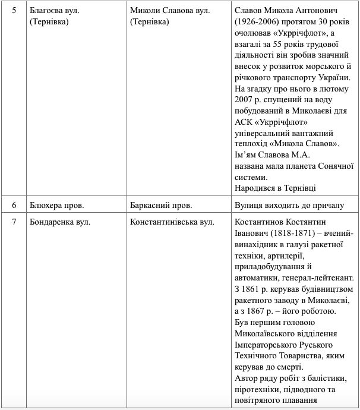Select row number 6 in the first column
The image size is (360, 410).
(x=14, y=206)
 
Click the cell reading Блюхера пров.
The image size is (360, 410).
(x=56, y=206)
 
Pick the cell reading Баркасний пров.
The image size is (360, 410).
(x=160, y=206)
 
